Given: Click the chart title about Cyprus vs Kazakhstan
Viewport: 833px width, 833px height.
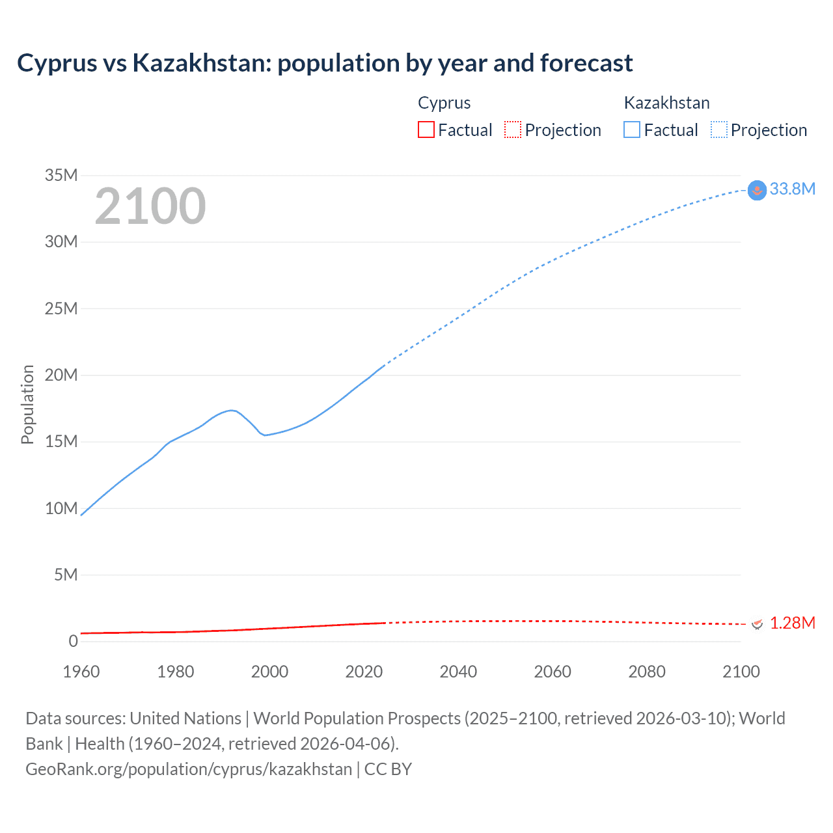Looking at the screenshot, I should pyautogui.click(x=325, y=63).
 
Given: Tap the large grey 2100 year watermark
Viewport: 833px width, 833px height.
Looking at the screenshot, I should pyautogui.click(x=150, y=206).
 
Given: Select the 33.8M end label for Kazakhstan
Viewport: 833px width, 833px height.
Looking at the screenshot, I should pyautogui.click(x=792, y=189).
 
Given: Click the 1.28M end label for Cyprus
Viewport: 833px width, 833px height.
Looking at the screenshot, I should pyautogui.click(x=792, y=623).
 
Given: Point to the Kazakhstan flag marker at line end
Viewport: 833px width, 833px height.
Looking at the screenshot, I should pyautogui.click(x=757, y=190).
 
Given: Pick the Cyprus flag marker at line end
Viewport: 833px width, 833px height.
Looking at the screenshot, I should pyautogui.click(x=757, y=623).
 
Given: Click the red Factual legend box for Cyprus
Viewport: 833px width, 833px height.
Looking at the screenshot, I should pyautogui.click(x=426, y=130).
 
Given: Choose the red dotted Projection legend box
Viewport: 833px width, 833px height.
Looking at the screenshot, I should pyautogui.click(x=513, y=130).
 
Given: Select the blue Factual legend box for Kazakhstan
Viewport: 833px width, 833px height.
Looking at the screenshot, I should pyautogui.click(x=632, y=130).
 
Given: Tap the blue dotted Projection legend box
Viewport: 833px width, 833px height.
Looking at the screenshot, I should pyautogui.click(x=719, y=130).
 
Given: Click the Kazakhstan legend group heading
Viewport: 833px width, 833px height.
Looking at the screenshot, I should pyautogui.click(x=666, y=103).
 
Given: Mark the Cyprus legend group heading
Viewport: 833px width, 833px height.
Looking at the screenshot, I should pyautogui.click(x=444, y=103).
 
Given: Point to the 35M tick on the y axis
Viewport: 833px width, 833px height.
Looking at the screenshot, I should pyautogui.click(x=61, y=175).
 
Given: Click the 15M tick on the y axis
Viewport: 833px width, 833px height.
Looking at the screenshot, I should pyautogui.click(x=61, y=441).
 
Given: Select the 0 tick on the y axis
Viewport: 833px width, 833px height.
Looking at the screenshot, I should pyautogui.click(x=73, y=641).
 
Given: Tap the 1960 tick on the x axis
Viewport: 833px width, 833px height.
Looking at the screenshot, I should pyautogui.click(x=81, y=672).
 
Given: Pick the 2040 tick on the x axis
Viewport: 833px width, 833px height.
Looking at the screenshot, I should pyautogui.click(x=458, y=672).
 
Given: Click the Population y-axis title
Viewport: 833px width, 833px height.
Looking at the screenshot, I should pyautogui.click(x=27, y=404).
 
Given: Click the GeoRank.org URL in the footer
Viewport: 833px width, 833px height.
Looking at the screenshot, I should pyautogui.click(x=189, y=769).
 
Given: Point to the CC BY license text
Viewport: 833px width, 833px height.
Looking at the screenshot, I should pyautogui.click(x=389, y=769).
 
